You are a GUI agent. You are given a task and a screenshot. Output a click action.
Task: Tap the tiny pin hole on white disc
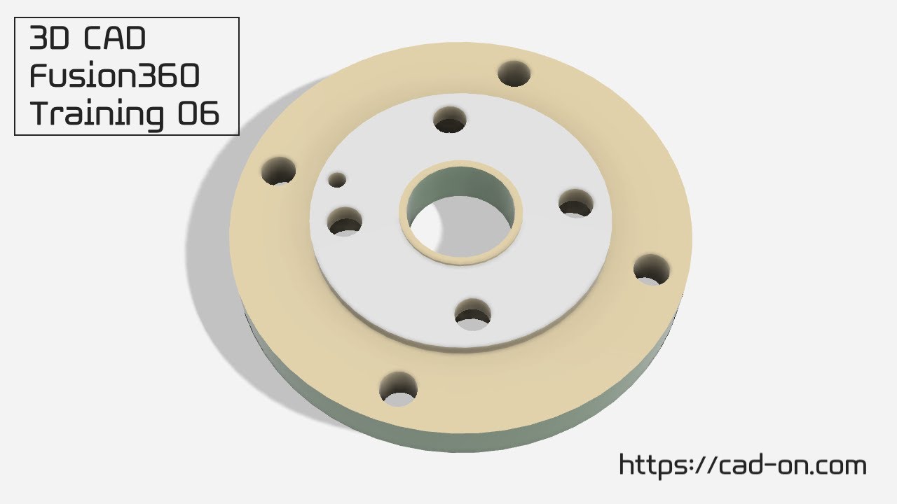(338, 180)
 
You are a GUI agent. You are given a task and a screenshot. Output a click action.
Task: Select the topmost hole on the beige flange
(514, 73)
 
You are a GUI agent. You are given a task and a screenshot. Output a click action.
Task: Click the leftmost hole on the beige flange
(279, 171)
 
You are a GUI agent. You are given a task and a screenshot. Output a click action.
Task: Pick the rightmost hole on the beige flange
(652, 269)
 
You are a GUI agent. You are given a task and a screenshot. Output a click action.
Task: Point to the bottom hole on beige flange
(398, 389)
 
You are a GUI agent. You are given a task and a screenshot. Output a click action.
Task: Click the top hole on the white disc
(451, 120)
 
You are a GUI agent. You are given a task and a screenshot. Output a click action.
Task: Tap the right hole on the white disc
(576, 203)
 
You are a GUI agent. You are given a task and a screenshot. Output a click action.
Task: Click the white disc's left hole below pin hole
(344, 221)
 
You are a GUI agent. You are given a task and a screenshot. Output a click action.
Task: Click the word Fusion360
(114, 76)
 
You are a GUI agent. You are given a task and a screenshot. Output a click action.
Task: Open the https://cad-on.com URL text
(742, 465)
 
